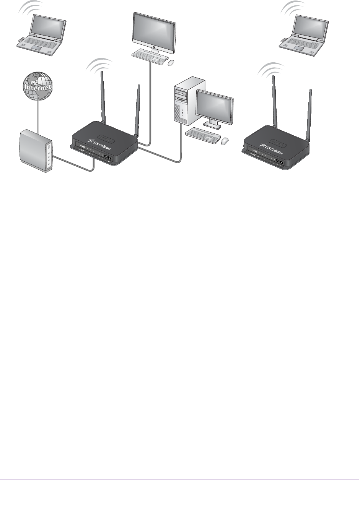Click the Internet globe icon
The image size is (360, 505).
(37, 86)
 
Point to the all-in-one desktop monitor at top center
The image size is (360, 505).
(154, 30)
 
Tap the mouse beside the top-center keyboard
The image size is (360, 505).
(171, 62)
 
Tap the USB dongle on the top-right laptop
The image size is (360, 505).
(283, 39)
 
